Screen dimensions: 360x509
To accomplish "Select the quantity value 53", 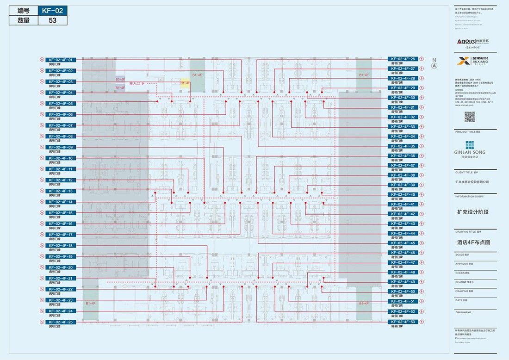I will pos(52,20).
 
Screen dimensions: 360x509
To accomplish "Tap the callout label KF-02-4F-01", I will pos(60,60).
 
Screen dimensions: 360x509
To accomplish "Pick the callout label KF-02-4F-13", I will pos(60,191).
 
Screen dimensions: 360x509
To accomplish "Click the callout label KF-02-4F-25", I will pos(60,322).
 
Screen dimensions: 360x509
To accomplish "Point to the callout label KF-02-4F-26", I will pos(403,59).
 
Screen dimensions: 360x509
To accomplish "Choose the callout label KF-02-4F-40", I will pos(403,195).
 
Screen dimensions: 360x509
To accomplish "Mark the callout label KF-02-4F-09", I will pos(60,147).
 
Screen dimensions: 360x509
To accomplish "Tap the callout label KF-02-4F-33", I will pos(403,127).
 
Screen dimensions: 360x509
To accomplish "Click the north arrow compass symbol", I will pos(434,65).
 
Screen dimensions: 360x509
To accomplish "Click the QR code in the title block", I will pos(470,117).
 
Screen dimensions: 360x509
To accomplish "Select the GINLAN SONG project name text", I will pos(470,152).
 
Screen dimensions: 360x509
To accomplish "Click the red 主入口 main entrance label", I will pos(135,83).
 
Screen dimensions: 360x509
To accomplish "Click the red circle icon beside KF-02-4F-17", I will pos(42,235).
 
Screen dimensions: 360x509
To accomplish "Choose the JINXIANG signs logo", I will pos(470,61).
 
